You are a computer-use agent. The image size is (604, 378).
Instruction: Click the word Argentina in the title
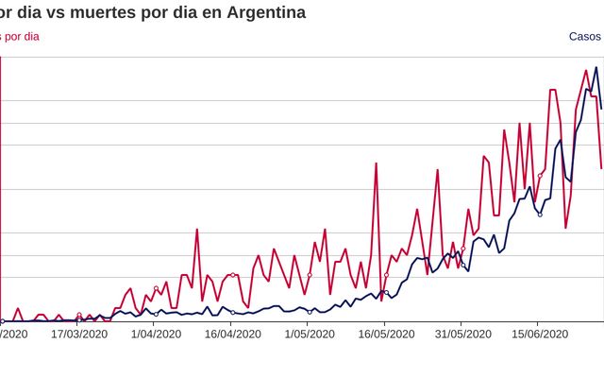pos(260,13)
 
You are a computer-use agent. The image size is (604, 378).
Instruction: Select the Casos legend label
pos(584,37)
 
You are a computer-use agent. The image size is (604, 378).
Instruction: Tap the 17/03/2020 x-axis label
pos(79,334)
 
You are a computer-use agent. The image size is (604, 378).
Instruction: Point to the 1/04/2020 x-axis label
pos(156,334)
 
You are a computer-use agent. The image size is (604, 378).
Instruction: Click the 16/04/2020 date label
pos(232,334)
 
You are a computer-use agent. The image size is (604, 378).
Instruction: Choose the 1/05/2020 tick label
pos(309,334)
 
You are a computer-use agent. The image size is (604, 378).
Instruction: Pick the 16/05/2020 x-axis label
pos(385,334)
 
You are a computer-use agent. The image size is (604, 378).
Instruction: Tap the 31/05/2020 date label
pos(462,334)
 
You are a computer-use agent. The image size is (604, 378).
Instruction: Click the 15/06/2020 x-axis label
pos(539,334)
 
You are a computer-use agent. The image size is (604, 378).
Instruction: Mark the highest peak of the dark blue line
pos(596,67)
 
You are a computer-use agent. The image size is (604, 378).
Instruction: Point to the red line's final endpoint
pos(601,168)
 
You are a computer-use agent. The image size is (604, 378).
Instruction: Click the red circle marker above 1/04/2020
pos(156,288)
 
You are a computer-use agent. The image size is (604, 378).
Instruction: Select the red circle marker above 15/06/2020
pos(540,176)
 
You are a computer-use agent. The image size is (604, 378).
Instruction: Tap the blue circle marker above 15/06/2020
pos(540,215)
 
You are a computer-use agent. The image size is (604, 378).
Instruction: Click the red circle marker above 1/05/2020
pos(309,275)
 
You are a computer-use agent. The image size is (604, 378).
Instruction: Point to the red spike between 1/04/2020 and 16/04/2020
pos(196,230)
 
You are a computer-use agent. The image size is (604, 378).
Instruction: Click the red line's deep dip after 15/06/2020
pos(565,228)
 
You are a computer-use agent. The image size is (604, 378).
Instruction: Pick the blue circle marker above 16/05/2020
pos(386,293)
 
